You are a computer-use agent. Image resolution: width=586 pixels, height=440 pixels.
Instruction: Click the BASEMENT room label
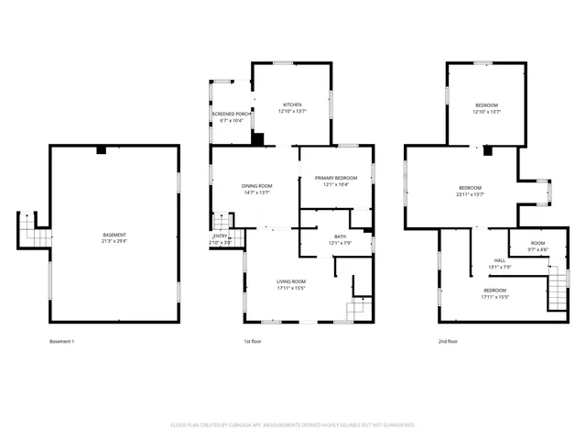(x=114, y=235)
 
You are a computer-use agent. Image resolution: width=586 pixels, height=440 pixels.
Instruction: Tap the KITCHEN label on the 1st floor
(x=292, y=104)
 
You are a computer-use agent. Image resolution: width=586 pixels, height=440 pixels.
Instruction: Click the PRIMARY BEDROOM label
(x=336, y=178)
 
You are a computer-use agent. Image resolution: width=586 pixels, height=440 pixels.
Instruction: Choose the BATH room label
(x=340, y=236)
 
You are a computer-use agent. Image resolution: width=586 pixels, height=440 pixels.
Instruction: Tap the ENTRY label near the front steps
(x=220, y=236)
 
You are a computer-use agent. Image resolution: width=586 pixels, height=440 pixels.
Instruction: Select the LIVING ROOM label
(x=291, y=281)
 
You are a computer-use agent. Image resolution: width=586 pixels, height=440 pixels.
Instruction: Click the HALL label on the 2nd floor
(x=500, y=260)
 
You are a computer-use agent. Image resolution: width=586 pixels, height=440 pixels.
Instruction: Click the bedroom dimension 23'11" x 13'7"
(x=471, y=194)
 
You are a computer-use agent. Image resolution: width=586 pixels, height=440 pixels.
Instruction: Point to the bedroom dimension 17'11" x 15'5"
(x=494, y=296)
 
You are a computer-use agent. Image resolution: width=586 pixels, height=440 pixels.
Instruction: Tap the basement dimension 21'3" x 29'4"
(x=114, y=241)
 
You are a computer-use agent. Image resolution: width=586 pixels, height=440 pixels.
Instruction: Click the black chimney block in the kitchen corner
(x=258, y=139)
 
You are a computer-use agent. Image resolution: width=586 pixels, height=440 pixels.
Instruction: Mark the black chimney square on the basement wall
(x=103, y=148)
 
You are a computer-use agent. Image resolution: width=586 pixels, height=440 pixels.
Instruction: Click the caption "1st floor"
(x=254, y=341)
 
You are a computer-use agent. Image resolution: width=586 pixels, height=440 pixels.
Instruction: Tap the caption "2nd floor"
(x=449, y=341)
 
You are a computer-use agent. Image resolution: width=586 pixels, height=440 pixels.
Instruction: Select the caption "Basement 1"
(x=61, y=341)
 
